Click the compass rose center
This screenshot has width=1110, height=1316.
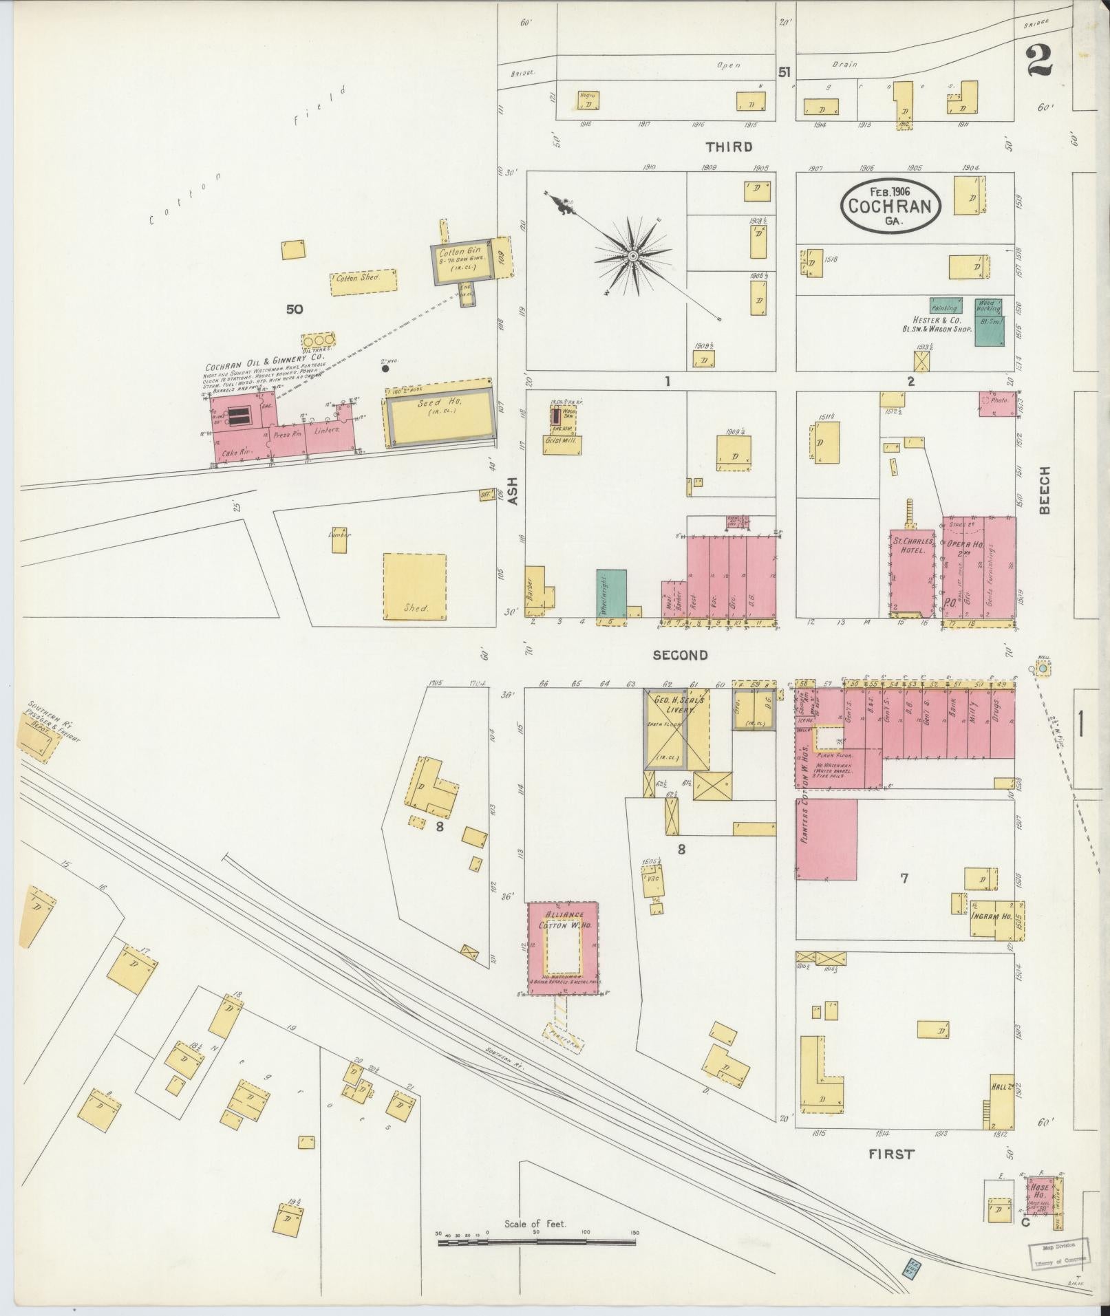tap(631, 257)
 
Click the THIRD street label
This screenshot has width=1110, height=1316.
tap(728, 147)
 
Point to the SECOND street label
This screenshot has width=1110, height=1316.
tap(680, 655)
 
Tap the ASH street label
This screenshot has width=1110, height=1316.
tap(512, 492)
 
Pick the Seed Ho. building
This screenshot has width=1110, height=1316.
tap(440, 411)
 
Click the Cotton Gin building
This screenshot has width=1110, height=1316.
tap(463, 260)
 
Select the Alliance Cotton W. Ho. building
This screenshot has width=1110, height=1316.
tap(563, 947)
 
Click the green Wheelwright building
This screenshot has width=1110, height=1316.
tap(611, 592)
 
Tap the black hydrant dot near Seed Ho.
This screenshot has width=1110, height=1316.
tap(385, 368)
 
